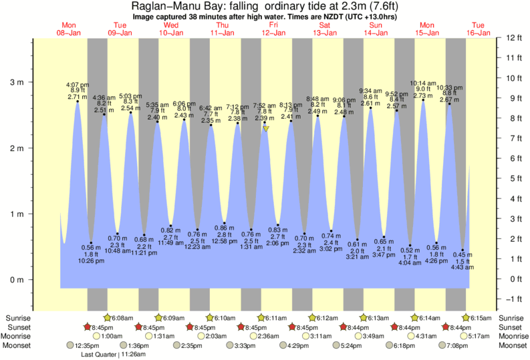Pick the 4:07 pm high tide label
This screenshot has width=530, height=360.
tap(77, 85)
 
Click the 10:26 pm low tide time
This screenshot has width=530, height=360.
tap(90, 260)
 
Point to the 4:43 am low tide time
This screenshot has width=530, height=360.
tap(462, 268)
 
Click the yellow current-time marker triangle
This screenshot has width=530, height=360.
tap(265, 128)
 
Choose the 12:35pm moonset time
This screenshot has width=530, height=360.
tap(86, 346)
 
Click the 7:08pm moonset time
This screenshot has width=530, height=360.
tap(459, 346)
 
